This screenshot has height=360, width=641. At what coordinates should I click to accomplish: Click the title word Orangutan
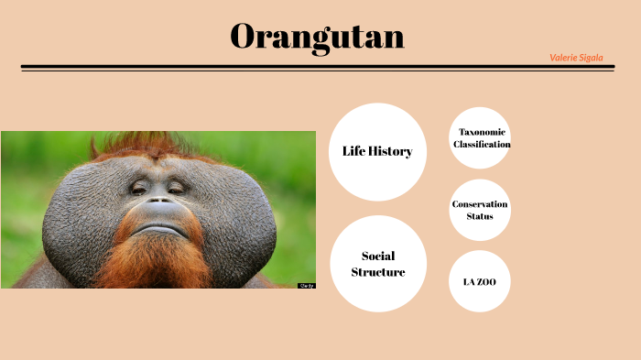[317, 37]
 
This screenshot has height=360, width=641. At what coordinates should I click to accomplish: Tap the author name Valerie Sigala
[576, 57]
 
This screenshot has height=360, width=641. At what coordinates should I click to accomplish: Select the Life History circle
[377, 151]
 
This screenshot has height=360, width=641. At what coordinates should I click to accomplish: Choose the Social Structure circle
[377, 264]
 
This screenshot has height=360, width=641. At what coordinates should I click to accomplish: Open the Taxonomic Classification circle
[481, 138]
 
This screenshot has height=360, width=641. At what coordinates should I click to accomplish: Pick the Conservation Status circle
[480, 210]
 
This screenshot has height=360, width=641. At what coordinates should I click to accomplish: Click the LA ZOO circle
[479, 281]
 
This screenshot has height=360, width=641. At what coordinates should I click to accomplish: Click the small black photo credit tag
[306, 286]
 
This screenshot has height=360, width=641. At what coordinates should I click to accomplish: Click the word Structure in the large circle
[377, 272]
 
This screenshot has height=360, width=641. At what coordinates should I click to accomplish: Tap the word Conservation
[480, 203]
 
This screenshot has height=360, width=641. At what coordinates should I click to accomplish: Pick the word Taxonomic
[482, 132]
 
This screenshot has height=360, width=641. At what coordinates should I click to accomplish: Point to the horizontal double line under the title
[317, 67]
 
